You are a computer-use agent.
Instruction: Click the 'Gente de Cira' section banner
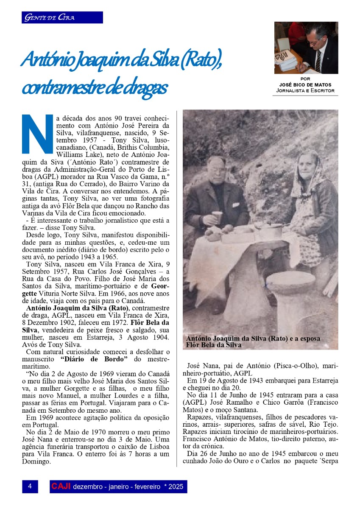pos(62,17)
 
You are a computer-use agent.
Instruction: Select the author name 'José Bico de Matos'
pos(305,84)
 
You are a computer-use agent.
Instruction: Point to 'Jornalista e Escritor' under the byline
pos(305,90)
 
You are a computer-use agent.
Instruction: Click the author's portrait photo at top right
pos(306,48)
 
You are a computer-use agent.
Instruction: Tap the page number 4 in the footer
pos(30,487)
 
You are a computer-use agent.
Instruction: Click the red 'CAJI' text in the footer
pos(61,487)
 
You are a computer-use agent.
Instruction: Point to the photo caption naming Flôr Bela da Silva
pos(253,342)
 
